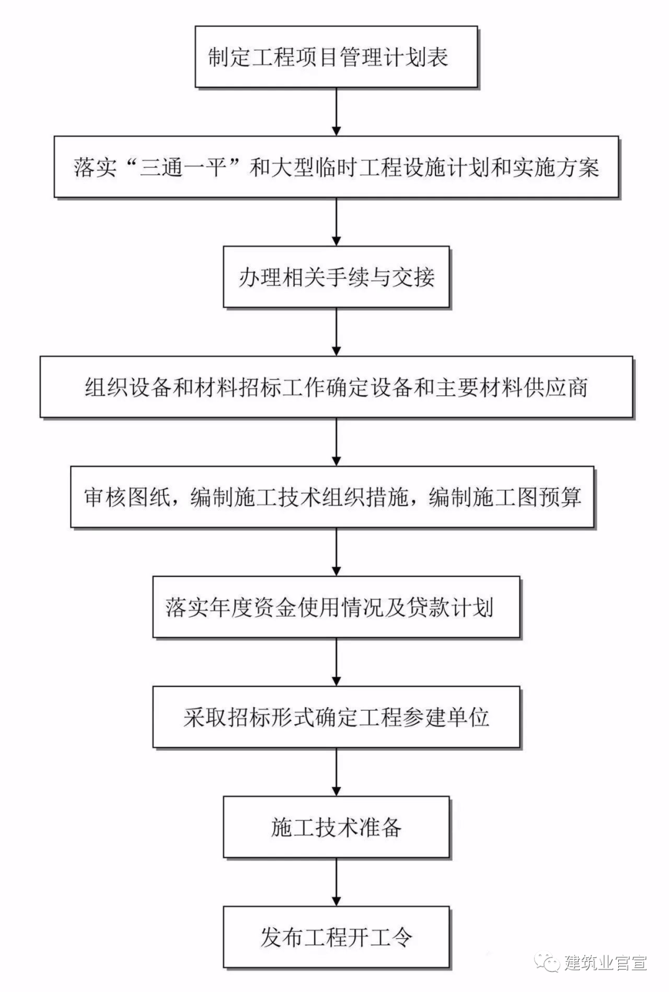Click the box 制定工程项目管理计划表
point(336,57)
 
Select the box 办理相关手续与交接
point(336,277)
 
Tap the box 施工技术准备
point(336,827)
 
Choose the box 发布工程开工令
point(336,937)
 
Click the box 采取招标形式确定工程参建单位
point(336,717)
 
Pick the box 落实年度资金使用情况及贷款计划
point(336,607)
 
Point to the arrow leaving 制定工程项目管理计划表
point(336,112)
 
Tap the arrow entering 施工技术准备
point(336,772)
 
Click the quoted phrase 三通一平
point(183,168)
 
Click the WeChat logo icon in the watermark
point(548,962)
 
